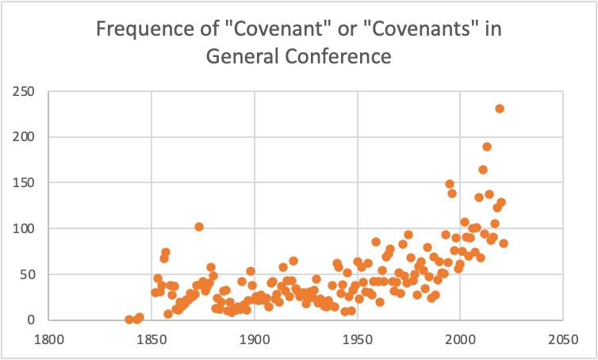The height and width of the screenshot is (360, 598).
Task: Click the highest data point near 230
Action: [x=500, y=109]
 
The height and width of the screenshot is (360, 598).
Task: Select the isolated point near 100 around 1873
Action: [x=199, y=227]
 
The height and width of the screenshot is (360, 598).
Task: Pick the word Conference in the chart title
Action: [x=342, y=56]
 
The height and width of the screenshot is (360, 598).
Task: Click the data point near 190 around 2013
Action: [x=487, y=147]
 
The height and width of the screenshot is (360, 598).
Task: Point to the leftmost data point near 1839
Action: [x=129, y=320]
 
